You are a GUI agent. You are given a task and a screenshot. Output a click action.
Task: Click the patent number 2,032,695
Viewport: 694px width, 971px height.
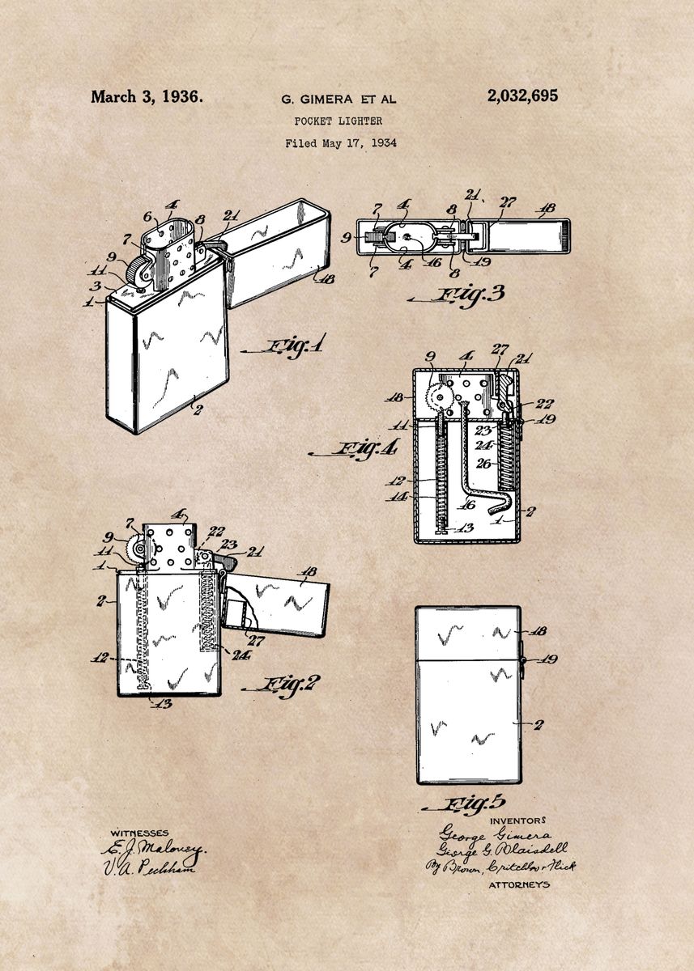tap(522, 96)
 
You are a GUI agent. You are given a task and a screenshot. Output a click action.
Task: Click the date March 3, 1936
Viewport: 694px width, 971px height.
tap(147, 97)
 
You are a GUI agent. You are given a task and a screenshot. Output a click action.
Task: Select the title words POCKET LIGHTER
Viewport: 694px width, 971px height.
tap(338, 121)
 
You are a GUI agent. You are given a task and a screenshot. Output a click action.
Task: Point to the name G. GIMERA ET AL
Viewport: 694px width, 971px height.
tap(338, 100)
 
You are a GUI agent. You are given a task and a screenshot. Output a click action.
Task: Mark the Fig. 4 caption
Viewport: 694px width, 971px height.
tap(367, 450)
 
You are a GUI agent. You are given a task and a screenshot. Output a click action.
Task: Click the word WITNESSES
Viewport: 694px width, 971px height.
tap(140, 833)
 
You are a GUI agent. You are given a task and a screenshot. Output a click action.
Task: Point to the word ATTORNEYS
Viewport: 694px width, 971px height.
tap(519, 885)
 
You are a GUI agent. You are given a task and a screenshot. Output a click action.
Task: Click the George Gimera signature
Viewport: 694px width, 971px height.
tap(494, 835)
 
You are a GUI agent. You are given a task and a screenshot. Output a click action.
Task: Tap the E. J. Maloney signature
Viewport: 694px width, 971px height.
tap(154, 850)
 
